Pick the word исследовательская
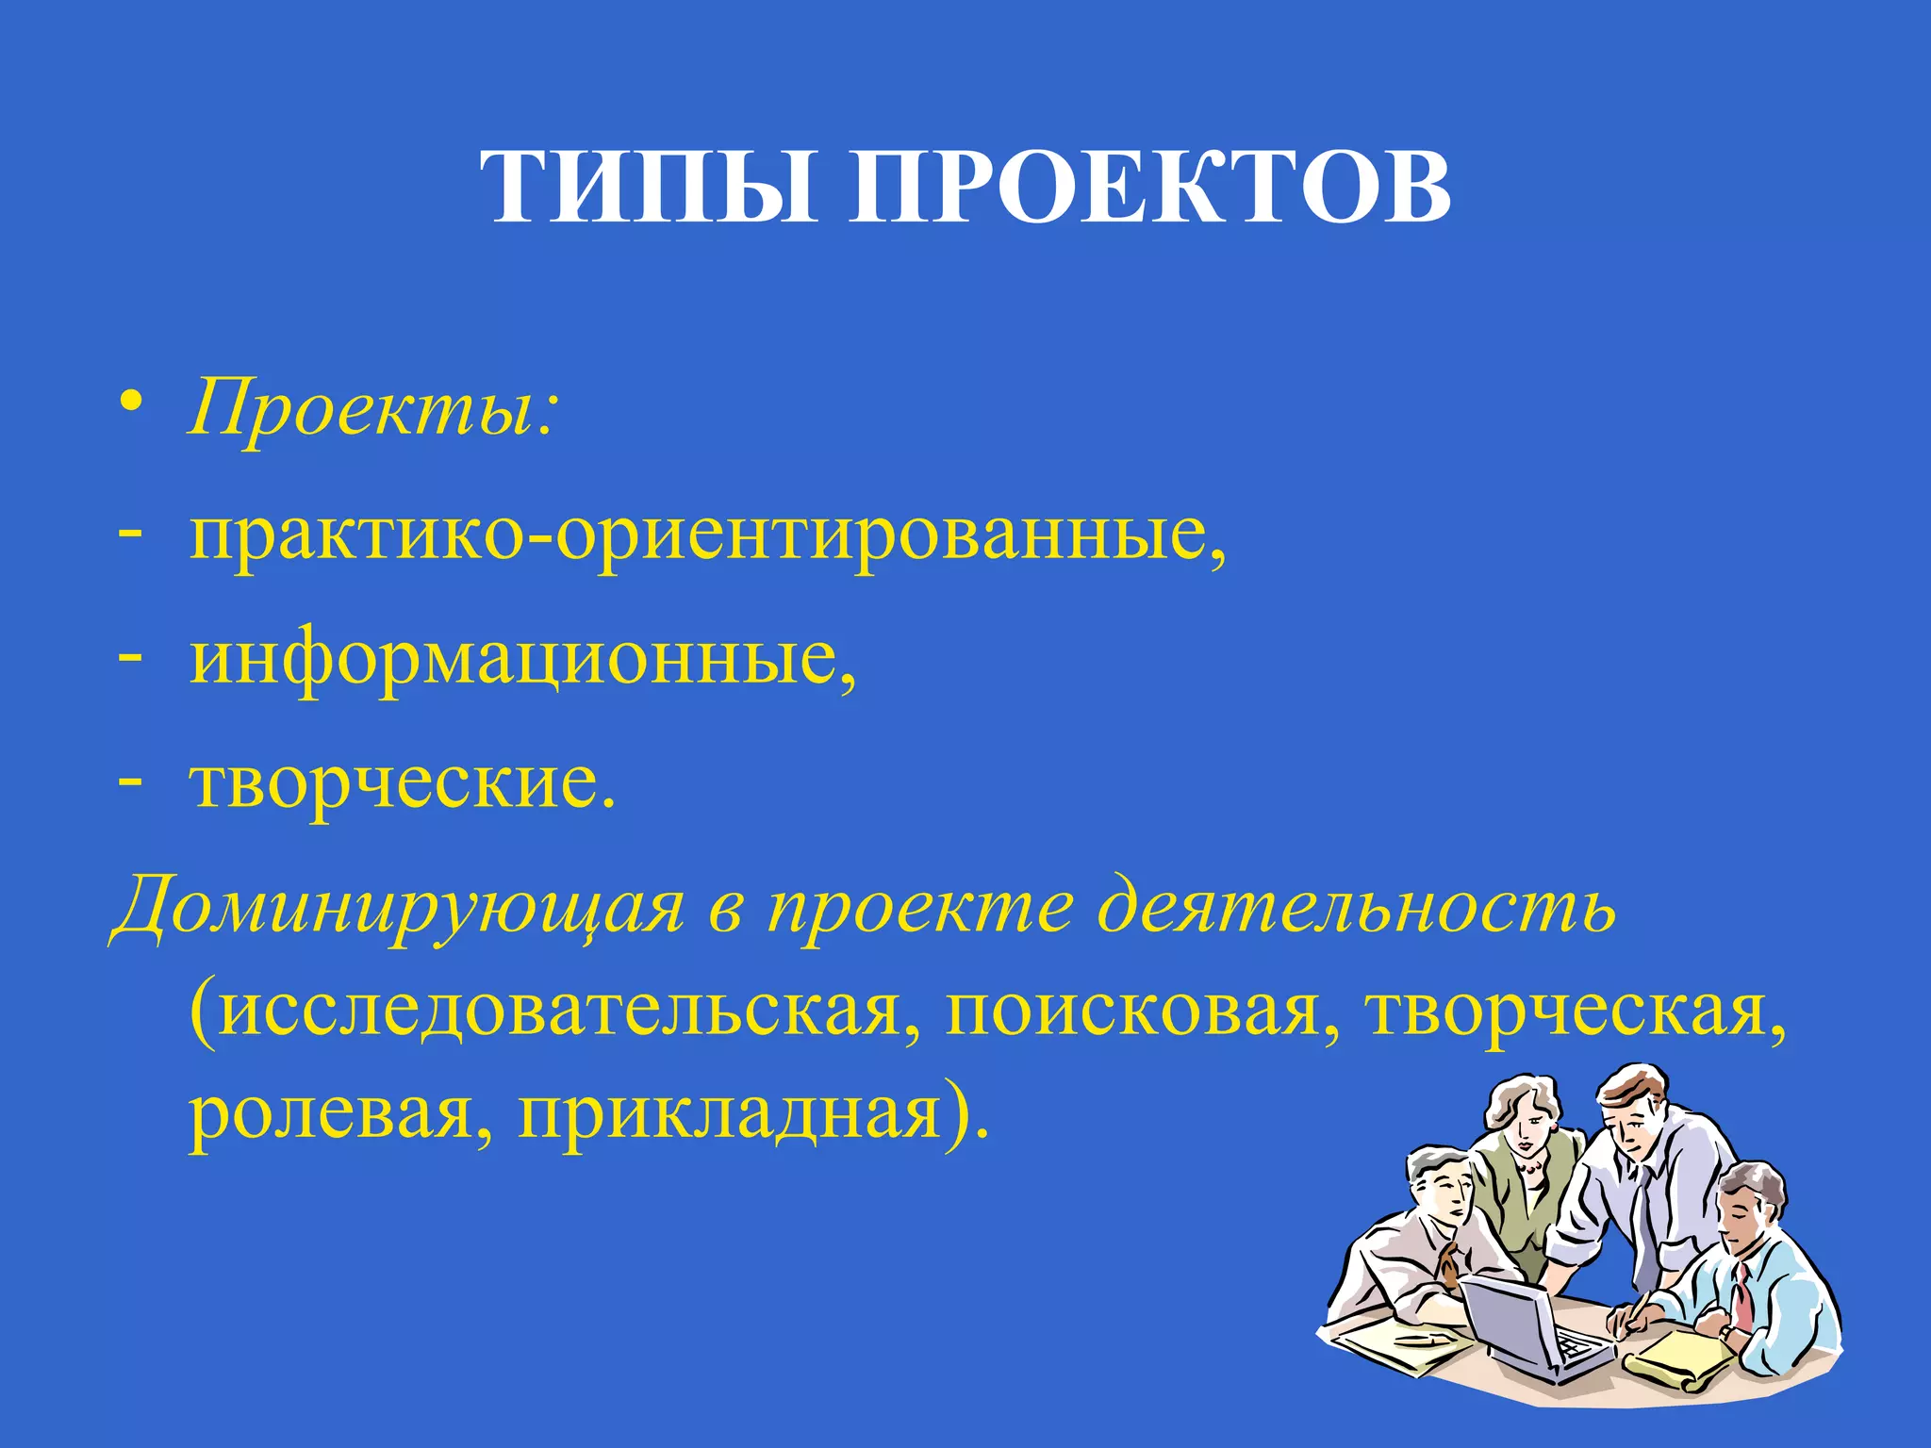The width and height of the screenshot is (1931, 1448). [x=556, y=1013]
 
